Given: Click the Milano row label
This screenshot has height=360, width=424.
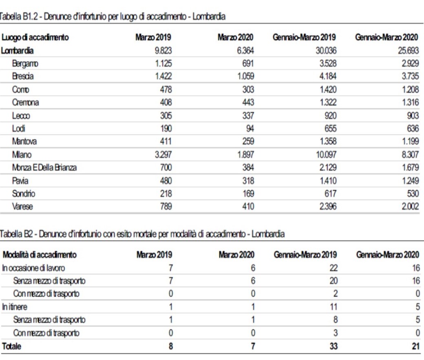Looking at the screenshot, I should [22, 155].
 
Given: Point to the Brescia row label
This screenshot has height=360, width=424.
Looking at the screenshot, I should [23, 76].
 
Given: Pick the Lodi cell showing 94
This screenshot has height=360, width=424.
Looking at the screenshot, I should [249, 129].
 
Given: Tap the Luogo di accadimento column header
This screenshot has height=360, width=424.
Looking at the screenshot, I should [35, 38].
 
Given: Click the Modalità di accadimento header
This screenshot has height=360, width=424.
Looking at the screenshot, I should [39, 255].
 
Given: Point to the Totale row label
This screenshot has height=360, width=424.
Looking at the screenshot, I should [12, 346].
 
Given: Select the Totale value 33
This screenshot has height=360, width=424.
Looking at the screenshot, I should [332, 346].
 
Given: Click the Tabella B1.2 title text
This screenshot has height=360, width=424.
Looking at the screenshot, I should [113, 17].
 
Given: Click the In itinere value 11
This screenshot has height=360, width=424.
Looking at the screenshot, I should [333, 307].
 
